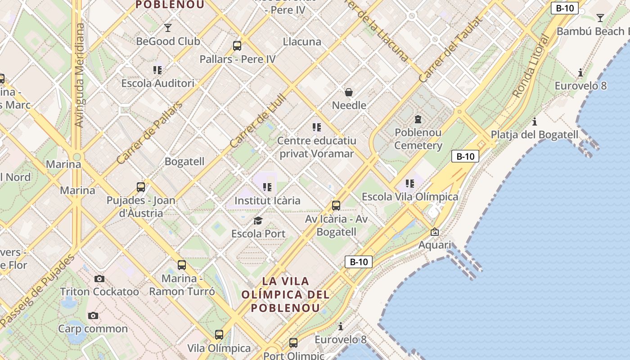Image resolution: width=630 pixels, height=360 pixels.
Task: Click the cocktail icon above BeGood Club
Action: [x=168, y=28]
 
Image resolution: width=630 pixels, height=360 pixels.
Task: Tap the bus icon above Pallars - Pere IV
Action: [x=237, y=45]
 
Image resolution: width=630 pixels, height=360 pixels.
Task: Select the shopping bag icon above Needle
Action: [x=349, y=92]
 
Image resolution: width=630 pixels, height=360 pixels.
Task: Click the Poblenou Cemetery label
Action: [x=418, y=139]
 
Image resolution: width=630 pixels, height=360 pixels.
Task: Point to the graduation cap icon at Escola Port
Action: [x=258, y=220]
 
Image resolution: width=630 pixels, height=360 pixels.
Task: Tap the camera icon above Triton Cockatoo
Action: [x=99, y=279]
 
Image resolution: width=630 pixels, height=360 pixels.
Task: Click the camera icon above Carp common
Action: [x=93, y=315]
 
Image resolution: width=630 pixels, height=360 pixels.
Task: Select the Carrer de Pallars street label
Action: [x=149, y=133]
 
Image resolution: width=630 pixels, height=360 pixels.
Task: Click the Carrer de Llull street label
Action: [x=258, y=121]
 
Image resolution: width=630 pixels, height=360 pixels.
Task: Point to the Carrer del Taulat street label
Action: [x=450, y=49]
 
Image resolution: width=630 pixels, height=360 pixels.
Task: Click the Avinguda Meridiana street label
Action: [x=79, y=75]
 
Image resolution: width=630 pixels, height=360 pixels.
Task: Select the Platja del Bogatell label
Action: [x=534, y=135]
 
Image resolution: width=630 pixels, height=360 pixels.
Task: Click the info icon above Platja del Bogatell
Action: [x=535, y=121]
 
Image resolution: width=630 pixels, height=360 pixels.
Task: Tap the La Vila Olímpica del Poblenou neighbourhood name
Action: [x=286, y=295]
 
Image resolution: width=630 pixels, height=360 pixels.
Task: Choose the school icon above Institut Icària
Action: [x=268, y=187]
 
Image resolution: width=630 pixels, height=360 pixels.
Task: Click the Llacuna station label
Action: [x=302, y=42]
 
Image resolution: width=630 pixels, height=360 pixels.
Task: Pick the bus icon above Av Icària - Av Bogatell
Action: [x=336, y=206]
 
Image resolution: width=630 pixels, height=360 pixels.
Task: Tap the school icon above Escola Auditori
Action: [x=157, y=70]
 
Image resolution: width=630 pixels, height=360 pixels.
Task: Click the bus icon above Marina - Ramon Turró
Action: [x=182, y=265]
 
